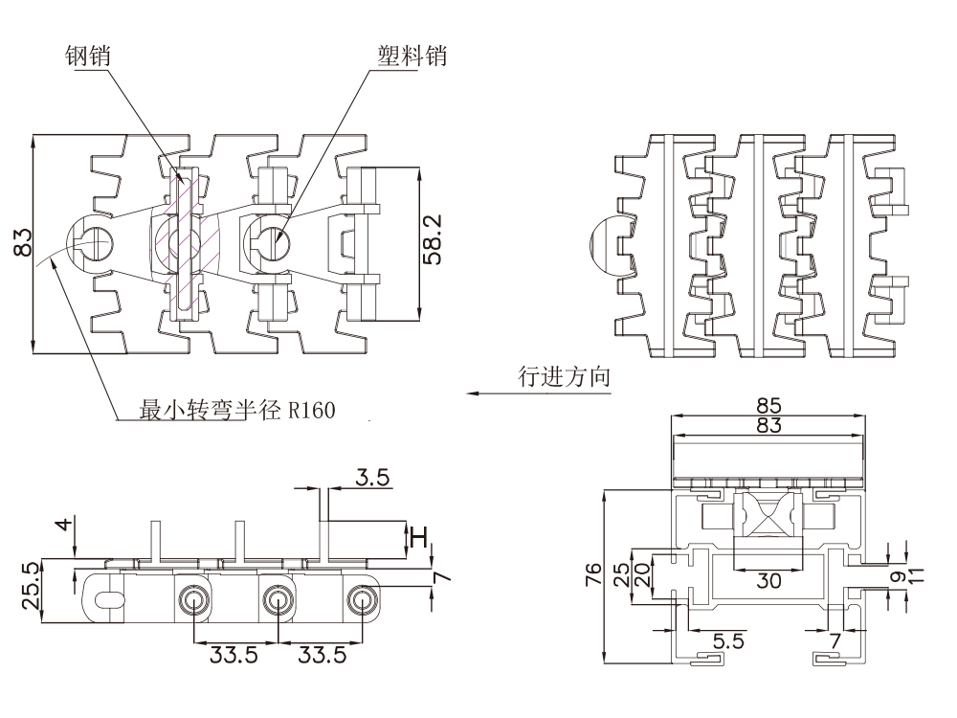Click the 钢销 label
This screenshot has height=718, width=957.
tap(88, 56)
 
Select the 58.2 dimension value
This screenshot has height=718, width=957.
tap(433, 239)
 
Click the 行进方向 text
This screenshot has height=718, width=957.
tap(564, 377)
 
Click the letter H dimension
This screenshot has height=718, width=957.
tap(418, 538)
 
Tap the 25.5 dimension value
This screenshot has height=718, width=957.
tap(31, 586)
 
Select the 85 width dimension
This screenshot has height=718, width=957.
tap(768, 405)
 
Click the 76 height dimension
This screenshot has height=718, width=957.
tap(593, 574)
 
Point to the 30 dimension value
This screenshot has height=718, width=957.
tap(768, 580)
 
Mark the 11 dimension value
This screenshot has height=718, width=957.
tap(917, 574)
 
